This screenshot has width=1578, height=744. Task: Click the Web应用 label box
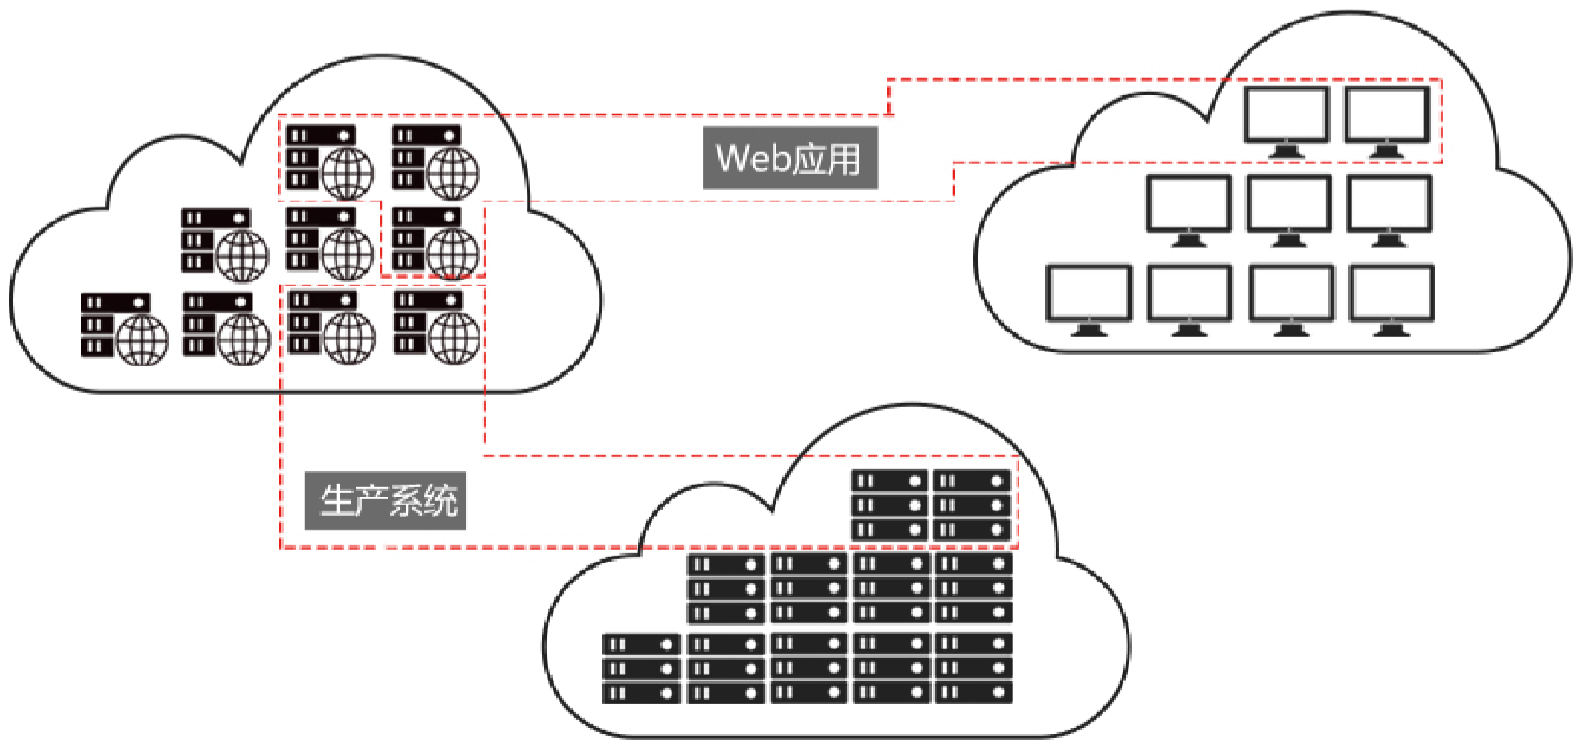click(789, 158)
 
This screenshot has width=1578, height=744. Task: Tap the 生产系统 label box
click(385, 501)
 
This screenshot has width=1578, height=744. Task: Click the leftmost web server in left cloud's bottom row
click(124, 328)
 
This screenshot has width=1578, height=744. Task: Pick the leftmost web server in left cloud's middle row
click(225, 244)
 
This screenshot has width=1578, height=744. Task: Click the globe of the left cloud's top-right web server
click(453, 173)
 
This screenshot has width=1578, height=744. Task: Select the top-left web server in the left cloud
click(330, 162)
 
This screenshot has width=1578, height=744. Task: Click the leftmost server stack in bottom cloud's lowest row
click(641, 668)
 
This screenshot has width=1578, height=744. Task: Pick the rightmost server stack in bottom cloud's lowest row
click(973, 668)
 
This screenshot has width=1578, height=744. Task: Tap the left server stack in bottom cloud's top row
click(889, 505)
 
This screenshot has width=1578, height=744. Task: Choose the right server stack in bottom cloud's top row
click(972, 505)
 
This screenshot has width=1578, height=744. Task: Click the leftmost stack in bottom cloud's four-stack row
click(726, 589)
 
